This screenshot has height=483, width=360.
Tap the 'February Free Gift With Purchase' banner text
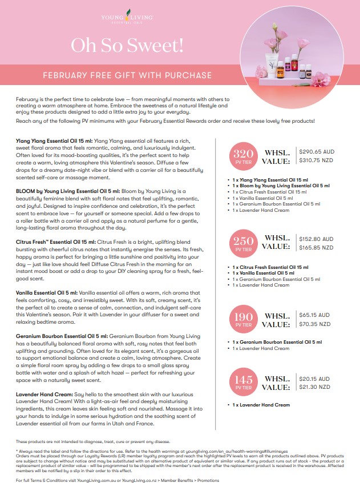[128, 75]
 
